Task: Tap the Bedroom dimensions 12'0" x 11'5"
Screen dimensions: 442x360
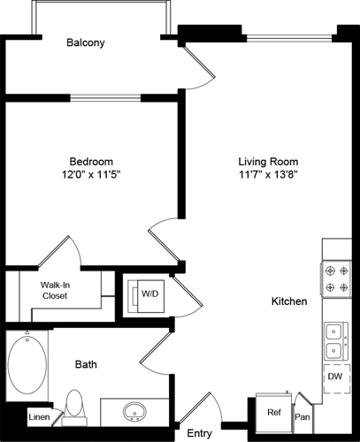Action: (x=91, y=175)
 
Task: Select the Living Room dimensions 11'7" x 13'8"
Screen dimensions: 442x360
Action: (x=268, y=175)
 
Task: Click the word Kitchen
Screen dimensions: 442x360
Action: (x=289, y=301)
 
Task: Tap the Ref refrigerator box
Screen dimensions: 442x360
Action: (x=274, y=411)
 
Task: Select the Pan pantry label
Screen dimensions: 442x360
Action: (x=303, y=415)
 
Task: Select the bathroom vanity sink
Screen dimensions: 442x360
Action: (x=135, y=412)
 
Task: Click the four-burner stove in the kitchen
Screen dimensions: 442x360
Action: (x=337, y=278)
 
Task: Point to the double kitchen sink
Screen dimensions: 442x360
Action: (x=337, y=334)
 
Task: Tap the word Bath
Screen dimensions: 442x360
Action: (x=86, y=363)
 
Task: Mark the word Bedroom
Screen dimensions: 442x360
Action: (x=91, y=161)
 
